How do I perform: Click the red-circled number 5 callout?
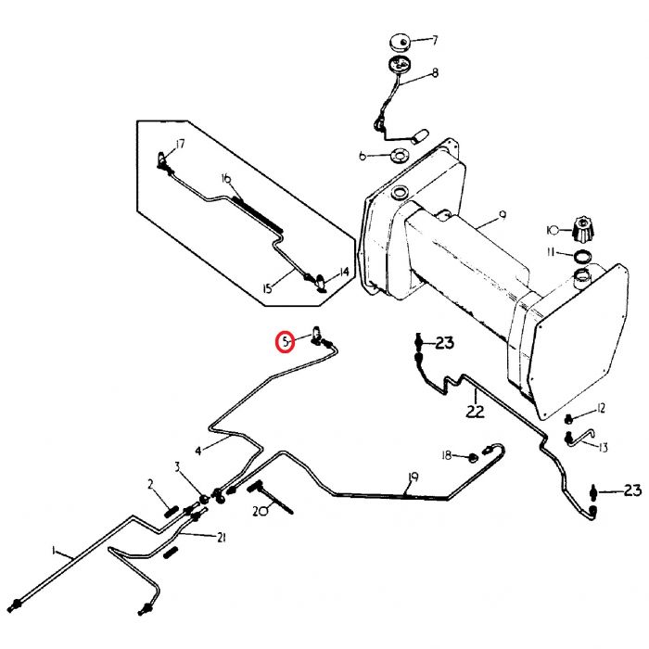pos(286,342)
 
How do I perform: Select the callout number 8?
pos(435,73)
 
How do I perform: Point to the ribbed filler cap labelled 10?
pos(583,229)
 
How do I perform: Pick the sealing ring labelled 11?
pos(582,256)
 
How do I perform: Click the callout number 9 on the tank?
pos(503,214)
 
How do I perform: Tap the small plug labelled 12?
pos(569,419)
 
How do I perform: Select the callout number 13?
pos(603,448)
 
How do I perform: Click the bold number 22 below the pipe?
pos(475,412)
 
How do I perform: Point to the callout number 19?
pos(413,477)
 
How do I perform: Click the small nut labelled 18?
pos(472,458)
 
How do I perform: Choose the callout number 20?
pos(261,512)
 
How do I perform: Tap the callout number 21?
pos(222,538)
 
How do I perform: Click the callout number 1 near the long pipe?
pos(54,550)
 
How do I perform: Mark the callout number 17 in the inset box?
pos(179,144)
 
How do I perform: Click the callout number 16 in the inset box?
pos(226,179)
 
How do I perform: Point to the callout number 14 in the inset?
pos(344,272)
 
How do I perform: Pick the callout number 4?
pos(198,451)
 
